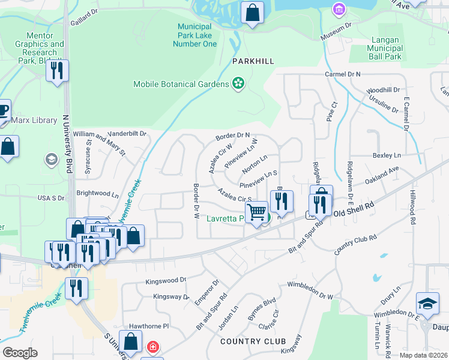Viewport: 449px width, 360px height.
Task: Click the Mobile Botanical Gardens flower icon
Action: click(238, 84)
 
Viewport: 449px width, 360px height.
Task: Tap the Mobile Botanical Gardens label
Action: click(181, 85)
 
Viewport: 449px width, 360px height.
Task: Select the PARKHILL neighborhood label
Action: click(253, 61)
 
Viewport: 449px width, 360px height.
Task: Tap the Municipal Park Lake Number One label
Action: click(197, 35)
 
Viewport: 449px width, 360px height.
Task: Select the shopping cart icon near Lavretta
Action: click(257, 212)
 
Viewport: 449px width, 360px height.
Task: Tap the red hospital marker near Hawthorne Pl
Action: click(152, 347)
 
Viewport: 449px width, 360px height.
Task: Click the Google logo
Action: click(19, 353)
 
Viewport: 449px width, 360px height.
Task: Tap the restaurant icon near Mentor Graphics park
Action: click(57, 71)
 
